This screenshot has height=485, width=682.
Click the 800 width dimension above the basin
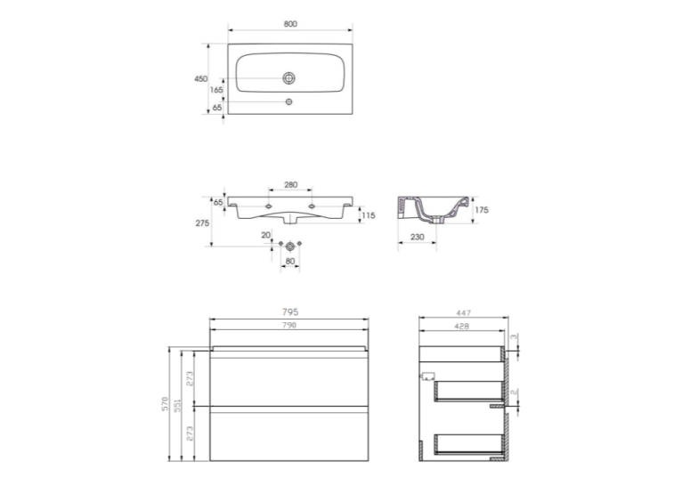click(x=290, y=24)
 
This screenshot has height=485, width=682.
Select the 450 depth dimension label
click(x=200, y=78)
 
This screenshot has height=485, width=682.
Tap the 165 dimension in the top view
click(x=216, y=90)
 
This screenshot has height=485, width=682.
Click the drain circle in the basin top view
click(x=288, y=78)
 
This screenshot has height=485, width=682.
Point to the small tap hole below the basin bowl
click(x=288, y=101)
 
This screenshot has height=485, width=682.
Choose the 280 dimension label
click(x=290, y=185)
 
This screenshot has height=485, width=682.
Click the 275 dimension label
click(x=202, y=223)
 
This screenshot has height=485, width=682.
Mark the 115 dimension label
click(x=369, y=215)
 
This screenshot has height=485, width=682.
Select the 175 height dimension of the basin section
click(x=482, y=210)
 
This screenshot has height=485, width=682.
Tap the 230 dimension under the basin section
click(x=417, y=237)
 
